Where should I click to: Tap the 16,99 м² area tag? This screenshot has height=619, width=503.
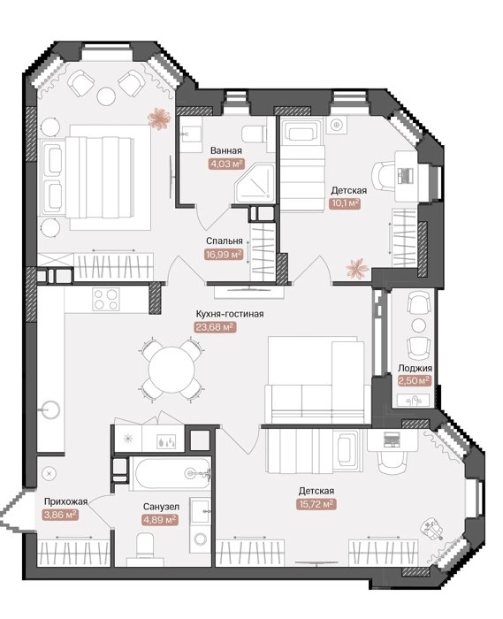[x=224, y=255]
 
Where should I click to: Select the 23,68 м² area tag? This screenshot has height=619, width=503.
[x=216, y=327]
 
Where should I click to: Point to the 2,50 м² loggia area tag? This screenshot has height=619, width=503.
[x=414, y=380]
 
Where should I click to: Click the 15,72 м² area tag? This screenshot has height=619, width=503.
[x=316, y=504]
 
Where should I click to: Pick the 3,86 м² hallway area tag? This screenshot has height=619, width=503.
[x=59, y=515]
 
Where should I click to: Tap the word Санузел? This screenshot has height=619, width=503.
[x=161, y=507]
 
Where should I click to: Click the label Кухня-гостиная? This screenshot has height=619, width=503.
[x=230, y=314]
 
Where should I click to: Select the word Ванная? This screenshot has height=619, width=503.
[x=226, y=150]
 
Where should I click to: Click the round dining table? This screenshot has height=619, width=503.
[x=171, y=371]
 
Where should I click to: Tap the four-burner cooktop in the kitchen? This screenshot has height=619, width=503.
[x=106, y=299]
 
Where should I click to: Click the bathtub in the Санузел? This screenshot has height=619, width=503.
[x=171, y=473]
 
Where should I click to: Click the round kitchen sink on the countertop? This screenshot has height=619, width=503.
[x=50, y=409]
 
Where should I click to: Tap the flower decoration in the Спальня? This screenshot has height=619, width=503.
[x=159, y=118]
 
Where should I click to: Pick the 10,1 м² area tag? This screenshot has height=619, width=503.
[x=345, y=203]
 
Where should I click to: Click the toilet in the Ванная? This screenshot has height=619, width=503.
[x=253, y=134]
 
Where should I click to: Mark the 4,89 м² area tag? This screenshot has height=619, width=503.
[x=160, y=520]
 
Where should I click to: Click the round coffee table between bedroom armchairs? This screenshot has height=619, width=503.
[x=106, y=96]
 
